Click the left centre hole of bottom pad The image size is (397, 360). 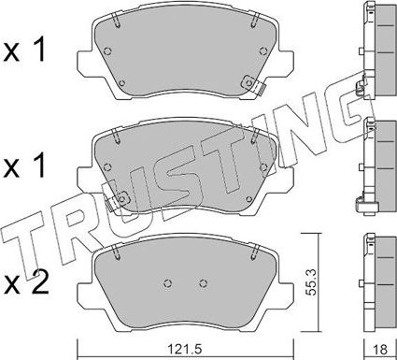click(x=167, y=284)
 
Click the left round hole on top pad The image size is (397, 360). click(x=110, y=52)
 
